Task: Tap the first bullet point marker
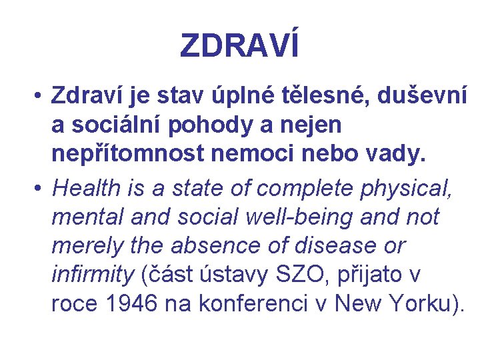pyautogui.click(x=40, y=97)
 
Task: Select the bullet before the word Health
pyautogui.click(x=40, y=189)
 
